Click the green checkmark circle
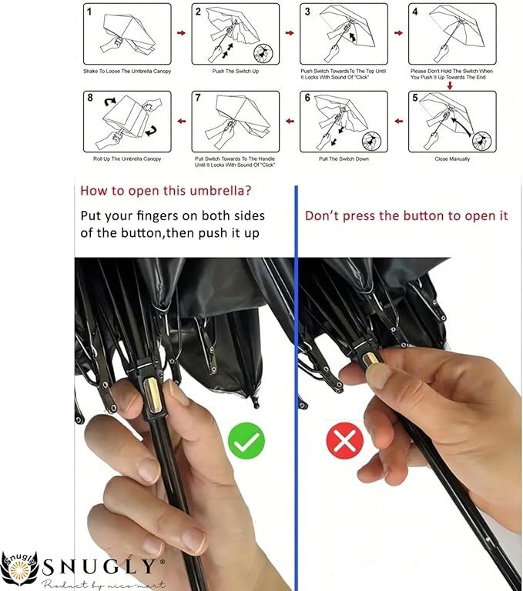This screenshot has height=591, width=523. click(x=246, y=441)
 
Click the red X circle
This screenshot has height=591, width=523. click(x=345, y=441)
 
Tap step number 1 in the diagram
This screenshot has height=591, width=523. click(x=89, y=12)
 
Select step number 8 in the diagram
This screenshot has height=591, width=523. click(x=90, y=98)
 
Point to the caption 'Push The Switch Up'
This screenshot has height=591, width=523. click(x=236, y=72)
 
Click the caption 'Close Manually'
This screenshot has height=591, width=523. click(x=452, y=159)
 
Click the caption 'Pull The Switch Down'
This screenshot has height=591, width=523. click(x=344, y=159)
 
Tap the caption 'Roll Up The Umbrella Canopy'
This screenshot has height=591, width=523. click(x=127, y=159)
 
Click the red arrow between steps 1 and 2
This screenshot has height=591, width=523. click(x=182, y=33)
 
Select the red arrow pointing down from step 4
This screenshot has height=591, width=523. click(x=450, y=86)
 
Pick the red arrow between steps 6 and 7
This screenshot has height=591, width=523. click(x=290, y=121)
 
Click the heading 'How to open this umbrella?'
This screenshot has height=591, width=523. click(x=166, y=191)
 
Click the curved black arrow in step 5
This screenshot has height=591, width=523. click(x=461, y=126)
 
